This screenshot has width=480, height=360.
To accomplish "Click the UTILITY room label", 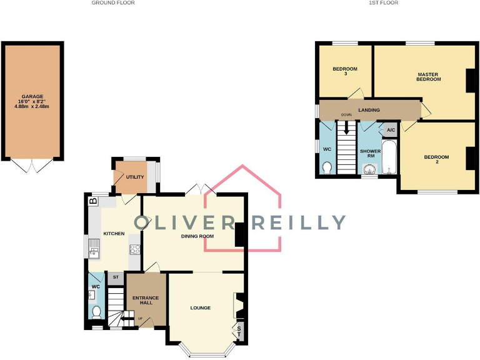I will [x=135, y=177].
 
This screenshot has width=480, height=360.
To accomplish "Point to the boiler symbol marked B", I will [x=93, y=201].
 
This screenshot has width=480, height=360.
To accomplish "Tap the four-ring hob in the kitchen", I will [x=134, y=250].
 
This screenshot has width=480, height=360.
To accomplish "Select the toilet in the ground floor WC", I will [x=96, y=312].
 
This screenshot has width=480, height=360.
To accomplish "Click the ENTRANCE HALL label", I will [x=146, y=301].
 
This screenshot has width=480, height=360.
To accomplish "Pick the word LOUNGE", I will [x=201, y=308].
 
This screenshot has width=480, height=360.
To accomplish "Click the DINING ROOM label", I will [x=197, y=236].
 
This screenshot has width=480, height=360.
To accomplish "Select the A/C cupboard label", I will [x=390, y=130].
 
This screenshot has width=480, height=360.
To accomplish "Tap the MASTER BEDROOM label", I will [x=429, y=77].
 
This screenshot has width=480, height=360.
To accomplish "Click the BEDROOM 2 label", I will [x=436, y=159].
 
